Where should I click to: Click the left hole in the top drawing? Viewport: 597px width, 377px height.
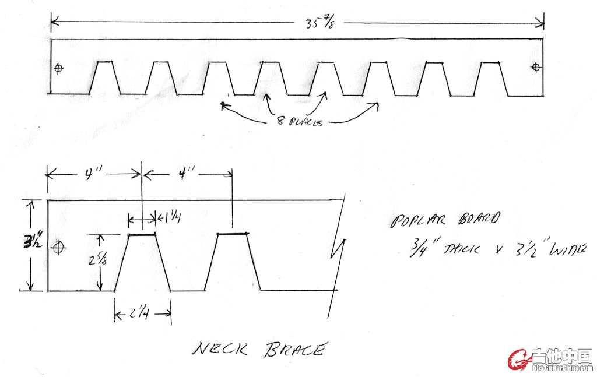(x=58, y=69)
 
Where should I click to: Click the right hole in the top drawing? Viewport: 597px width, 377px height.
(x=536, y=68)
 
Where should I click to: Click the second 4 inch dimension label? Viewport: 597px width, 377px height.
(x=188, y=174)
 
